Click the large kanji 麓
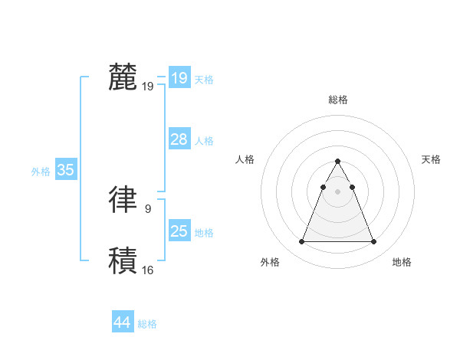(x=123, y=77)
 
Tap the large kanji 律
(x=123, y=198)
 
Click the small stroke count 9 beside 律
(x=148, y=208)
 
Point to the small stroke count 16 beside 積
(x=148, y=270)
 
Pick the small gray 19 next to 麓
(x=148, y=87)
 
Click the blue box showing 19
(x=179, y=78)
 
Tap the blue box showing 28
(x=179, y=139)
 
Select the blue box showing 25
(x=179, y=231)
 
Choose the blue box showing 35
(x=65, y=170)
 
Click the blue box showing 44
(x=122, y=322)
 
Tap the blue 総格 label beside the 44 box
(x=148, y=324)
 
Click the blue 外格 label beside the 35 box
(x=41, y=172)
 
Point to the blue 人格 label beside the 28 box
(x=205, y=141)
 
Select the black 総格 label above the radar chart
(x=338, y=100)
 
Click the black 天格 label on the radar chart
(x=432, y=159)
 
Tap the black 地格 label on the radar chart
(x=402, y=262)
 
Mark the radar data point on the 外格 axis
(x=301, y=242)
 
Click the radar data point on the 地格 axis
(x=374, y=242)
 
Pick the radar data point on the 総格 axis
(x=337, y=162)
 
